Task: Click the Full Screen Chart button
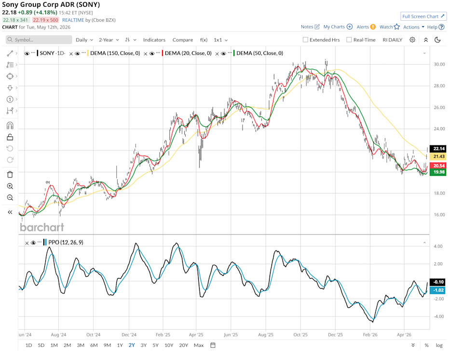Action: (423, 16)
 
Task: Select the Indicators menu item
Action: (154, 40)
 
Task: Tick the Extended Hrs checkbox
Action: (305, 40)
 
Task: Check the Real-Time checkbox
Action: (349, 40)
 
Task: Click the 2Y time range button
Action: (132, 345)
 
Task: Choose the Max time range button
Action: (199, 345)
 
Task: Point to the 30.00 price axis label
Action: (439, 64)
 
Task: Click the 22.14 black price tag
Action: (438, 149)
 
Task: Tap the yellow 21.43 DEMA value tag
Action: (438, 157)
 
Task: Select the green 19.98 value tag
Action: (438, 172)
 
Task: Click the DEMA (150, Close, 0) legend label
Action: (115, 53)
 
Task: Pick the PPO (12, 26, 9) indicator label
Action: (66, 242)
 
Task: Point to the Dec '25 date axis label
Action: (336, 334)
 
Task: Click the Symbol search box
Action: (39, 40)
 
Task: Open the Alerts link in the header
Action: (366, 27)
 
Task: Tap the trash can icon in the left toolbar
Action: (10, 174)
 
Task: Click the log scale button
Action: (439, 345)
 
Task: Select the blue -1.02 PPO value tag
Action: (438, 290)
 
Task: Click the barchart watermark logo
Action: (42, 227)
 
